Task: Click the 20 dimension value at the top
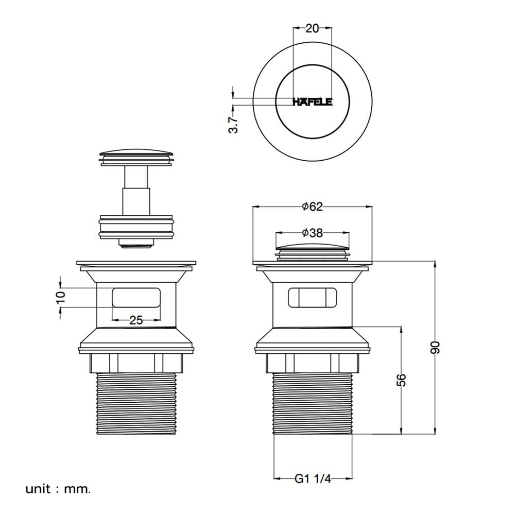tap(312, 28)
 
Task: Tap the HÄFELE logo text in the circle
tap(313, 102)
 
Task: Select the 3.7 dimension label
tap(233, 125)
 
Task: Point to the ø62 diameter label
tap(313, 207)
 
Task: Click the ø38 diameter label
tap(313, 233)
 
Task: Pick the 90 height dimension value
tap(435, 348)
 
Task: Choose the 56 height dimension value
tap(401, 380)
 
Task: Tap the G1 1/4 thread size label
tap(313, 478)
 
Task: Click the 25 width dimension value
tap(136, 320)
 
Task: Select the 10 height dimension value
tap(61, 297)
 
